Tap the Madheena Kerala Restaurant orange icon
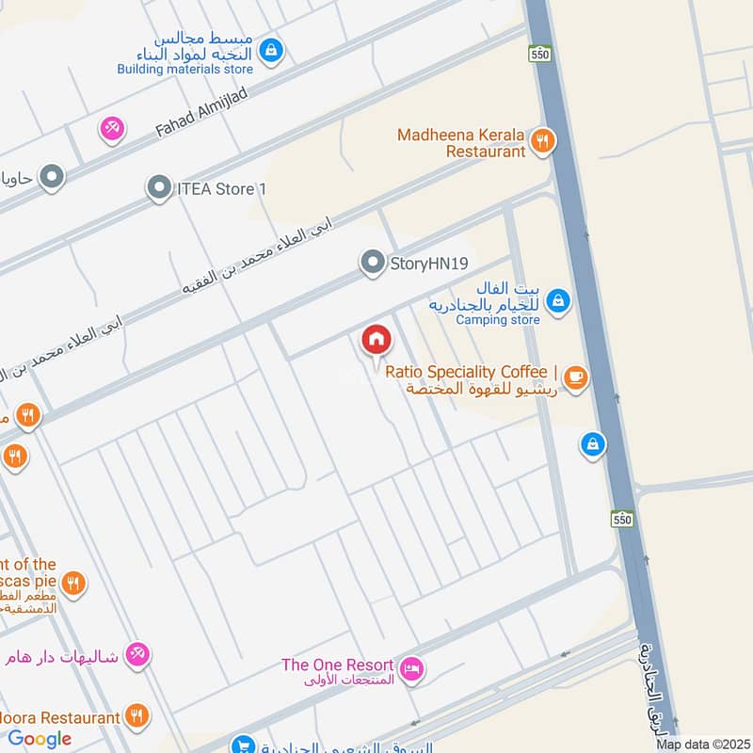pos(542,142)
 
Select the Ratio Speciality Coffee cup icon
pos(575,379)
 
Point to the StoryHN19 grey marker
pos(374,263)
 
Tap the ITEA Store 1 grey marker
pos(159,188)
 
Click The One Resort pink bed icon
pos(411,670)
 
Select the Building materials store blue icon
pos(271,49)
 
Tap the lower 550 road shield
pos(620,519)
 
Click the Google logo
pos(40,739)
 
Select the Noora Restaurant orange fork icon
pos(137,717)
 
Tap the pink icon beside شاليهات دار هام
pos(138,653)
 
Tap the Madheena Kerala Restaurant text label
pos(461,142)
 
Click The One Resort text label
pos(337,665)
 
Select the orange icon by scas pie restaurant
pos(74,584)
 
